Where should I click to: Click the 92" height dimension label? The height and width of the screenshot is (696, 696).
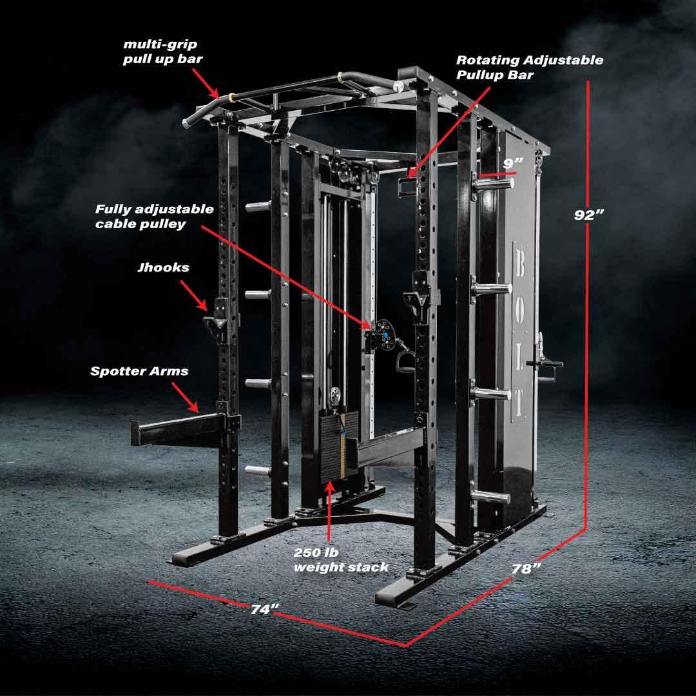[588, 215]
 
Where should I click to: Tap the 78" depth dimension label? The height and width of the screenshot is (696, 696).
[526, 568]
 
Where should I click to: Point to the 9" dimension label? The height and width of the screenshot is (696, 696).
[513, 163]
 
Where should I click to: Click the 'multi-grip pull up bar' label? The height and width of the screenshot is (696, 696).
[162, 52]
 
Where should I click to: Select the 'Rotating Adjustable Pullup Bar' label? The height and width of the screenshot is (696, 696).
[530, 67]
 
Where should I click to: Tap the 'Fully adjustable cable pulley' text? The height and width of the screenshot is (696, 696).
[155, 216]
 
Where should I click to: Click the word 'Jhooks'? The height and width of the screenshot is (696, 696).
[163, 267]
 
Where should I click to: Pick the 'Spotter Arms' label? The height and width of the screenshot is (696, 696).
[139, 371]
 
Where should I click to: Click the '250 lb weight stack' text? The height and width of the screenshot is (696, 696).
[341, 560]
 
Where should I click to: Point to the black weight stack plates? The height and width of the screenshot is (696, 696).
[339, 445]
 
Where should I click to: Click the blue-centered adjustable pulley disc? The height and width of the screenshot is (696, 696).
[384, 334]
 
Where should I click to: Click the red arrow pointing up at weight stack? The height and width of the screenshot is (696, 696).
[329, 510]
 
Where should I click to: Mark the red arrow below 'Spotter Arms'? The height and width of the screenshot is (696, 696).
[185, 397]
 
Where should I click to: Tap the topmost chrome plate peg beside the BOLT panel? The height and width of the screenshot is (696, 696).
[493, 182]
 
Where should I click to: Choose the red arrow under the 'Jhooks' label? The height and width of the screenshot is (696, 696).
[194, 295]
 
